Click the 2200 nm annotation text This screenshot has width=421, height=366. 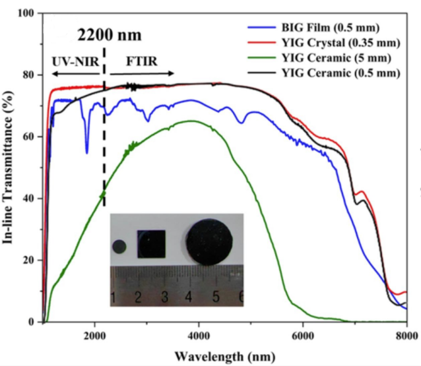(110, 33)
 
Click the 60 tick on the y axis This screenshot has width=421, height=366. (29, 137)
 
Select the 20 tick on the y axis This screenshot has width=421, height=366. (29, 260)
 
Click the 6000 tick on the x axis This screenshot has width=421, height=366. (303, 334)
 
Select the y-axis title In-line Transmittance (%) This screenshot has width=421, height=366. (10, 168)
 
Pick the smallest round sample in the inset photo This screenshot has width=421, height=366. (119, 247)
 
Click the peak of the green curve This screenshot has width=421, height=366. (191, 121)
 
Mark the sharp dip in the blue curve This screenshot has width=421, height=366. (86, 152)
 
